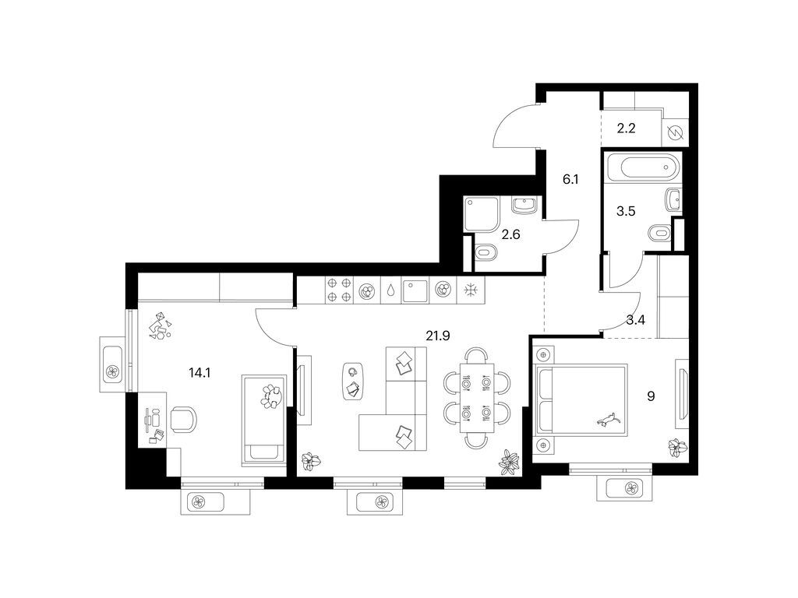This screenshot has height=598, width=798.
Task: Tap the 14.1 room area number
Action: point(199,373)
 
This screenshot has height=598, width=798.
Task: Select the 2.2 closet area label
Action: point(627,129)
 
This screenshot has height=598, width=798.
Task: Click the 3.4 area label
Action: point(635,318)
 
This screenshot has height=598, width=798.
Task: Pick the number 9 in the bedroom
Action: point(651,396)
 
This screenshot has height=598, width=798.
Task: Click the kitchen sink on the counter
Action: point(416,290)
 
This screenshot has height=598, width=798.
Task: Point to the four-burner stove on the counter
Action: point(340,290)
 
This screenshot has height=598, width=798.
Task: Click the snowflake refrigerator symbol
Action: point(471,290)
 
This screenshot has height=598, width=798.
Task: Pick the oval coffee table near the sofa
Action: point(353,381)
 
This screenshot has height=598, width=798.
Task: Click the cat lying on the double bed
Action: point(608,420)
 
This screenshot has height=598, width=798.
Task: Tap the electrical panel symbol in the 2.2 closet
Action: point(675,132)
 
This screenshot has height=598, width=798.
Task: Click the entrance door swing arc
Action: point(510,126)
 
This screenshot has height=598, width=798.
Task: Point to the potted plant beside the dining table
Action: point(510,463)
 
